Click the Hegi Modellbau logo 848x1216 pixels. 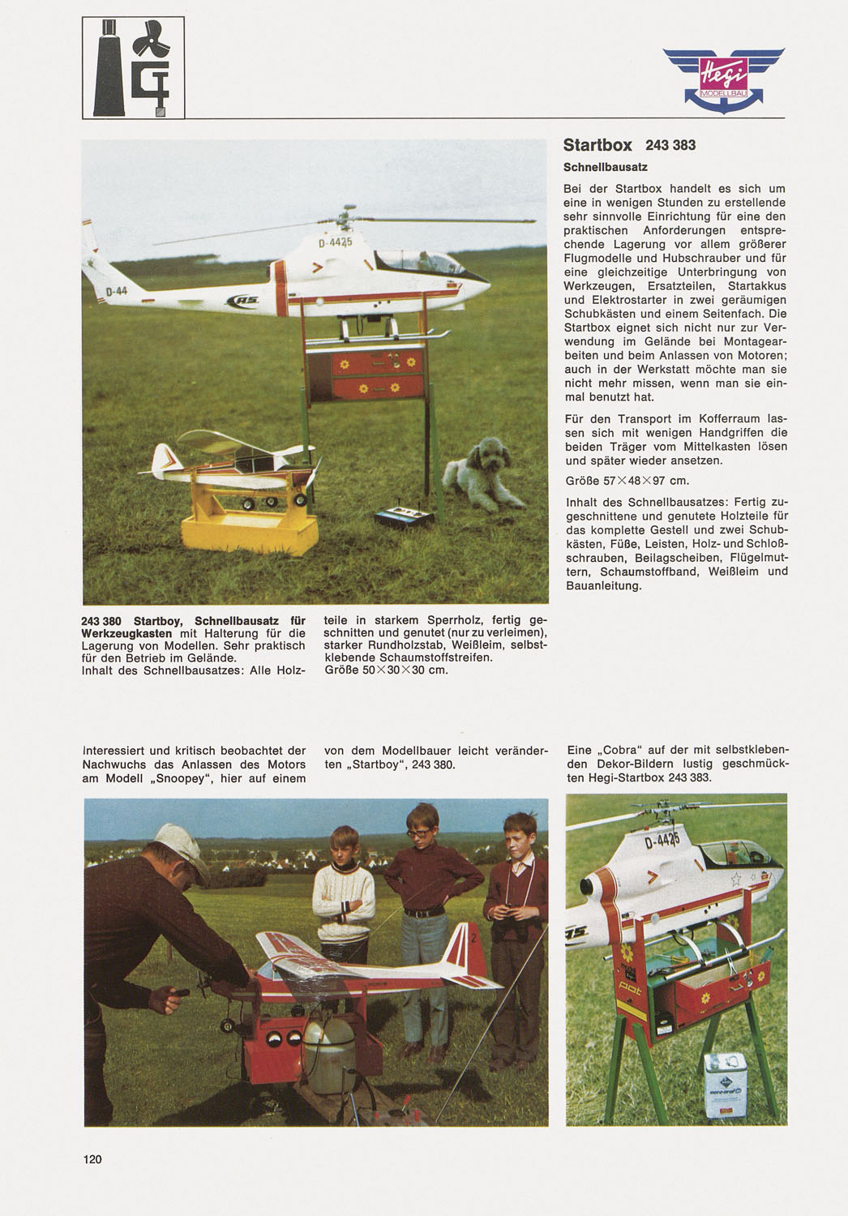coord(723,79)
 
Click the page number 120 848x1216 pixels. coord(92,1159)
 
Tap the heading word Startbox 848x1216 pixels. coord(597,146)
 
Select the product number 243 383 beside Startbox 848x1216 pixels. coord(670,146)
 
